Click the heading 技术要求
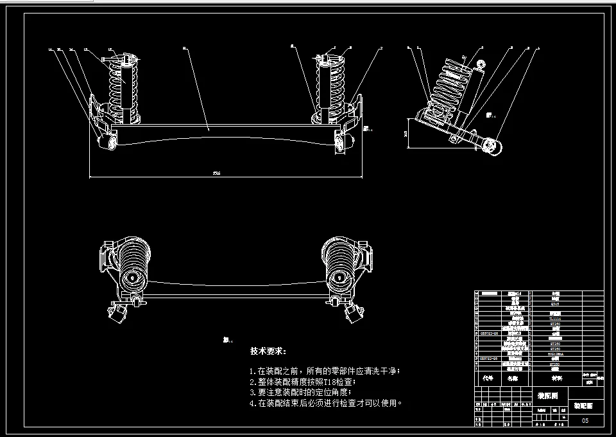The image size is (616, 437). (x=269, y=352)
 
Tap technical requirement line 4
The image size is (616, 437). (x=327, y=403)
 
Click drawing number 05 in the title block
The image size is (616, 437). (x=585, y=420)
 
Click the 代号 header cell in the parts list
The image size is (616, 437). (x=489, y=379)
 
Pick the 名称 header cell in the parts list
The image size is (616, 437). (x=512, y=379)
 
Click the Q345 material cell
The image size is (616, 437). (x=555, y=305)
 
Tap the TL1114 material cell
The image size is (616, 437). (x=555, y=318)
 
